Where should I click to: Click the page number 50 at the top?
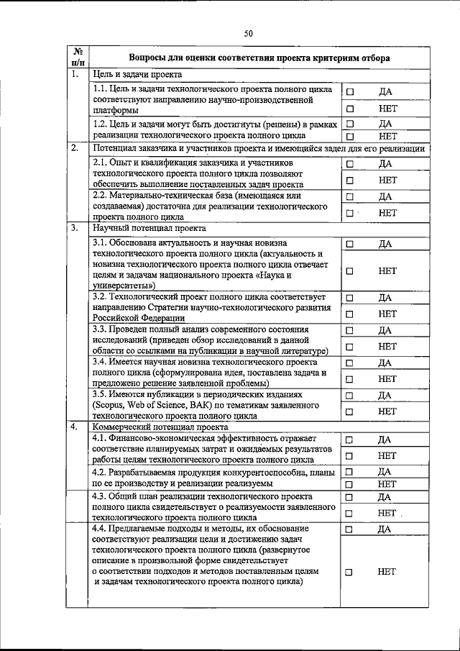tap(248, 33)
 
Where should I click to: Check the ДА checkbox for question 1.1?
tap(350, 92)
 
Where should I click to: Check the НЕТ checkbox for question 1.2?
tap(350, 135)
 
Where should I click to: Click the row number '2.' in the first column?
tap(74, 148)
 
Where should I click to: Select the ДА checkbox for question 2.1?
tap(350, 164)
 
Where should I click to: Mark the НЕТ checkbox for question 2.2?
tap(350, 213)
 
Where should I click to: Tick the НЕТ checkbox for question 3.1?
tap(350, 271)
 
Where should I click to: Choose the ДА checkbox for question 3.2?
tap(350, 298)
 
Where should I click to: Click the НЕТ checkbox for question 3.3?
tap(350, 347)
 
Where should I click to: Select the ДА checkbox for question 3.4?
tap(350, 363)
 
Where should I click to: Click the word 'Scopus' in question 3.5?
tap(109, 406)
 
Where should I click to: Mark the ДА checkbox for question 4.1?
tap(350, 440)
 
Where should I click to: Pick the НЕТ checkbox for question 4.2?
tap(350, 484)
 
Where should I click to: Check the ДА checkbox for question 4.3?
tap(350, 497)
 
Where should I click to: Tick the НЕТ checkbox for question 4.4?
tap(350, 573)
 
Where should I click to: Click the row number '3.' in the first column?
tap(74, 229)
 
